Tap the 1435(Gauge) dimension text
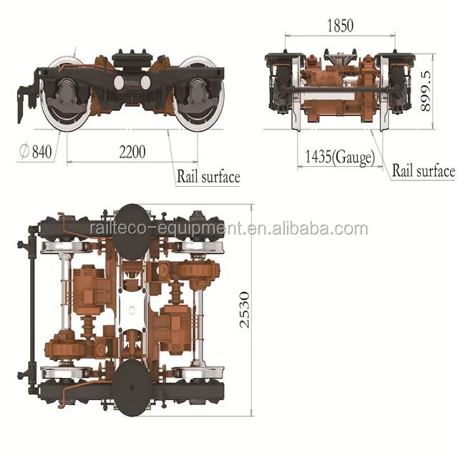tap(339, 157)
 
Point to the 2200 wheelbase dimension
tap(132, 152)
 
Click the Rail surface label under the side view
tap(208, 176)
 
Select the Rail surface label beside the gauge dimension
tap(423, 171)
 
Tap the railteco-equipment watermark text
tap(229, 229)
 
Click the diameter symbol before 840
tap(24, 152)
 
